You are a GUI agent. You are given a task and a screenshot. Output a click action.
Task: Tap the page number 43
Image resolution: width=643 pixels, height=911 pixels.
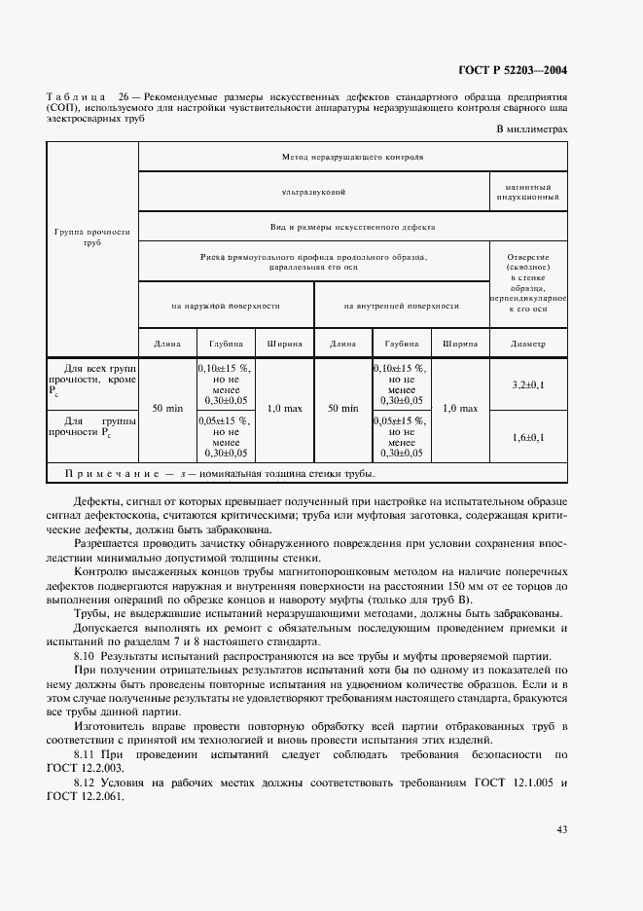pos(561,829)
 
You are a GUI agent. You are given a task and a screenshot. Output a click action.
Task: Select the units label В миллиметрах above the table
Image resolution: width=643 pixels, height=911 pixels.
pos(532,129)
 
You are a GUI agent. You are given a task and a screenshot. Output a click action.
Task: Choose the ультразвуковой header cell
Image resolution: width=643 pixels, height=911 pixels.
pos(313,193)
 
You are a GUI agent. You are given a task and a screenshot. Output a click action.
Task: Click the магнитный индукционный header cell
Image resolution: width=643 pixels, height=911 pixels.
pos(528,192)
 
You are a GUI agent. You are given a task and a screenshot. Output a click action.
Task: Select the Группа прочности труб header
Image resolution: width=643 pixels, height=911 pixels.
pos(92,237)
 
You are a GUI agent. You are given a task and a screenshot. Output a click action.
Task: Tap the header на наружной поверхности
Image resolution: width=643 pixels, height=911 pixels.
pos(226,306)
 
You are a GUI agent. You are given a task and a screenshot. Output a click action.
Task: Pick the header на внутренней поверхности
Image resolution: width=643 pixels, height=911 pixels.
pos(401,306)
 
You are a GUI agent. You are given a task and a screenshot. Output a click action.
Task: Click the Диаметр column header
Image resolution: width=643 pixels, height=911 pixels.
pos(528,344)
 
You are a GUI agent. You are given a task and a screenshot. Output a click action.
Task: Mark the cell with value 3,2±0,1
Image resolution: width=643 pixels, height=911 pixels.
pos(528,385)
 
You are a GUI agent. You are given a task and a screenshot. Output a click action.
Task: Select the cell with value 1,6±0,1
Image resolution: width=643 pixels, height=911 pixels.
pos(528,437)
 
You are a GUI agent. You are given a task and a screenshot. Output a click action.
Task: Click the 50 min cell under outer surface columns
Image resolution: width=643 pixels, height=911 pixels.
pos(167,410)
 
